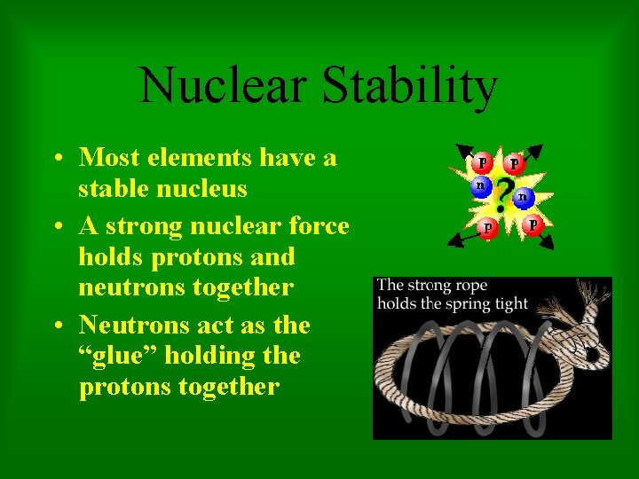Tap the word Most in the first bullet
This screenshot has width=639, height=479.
tap(110, 158)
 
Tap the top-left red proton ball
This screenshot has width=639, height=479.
tap(482, 163)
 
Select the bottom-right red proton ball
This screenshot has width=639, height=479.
tap(532, 224)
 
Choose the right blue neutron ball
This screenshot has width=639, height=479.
tap(524, 196)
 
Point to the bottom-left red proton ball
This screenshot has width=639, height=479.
tap(487, 227)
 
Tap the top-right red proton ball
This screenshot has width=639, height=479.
tap(513, 164)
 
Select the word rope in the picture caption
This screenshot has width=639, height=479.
tap(469, 286)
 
